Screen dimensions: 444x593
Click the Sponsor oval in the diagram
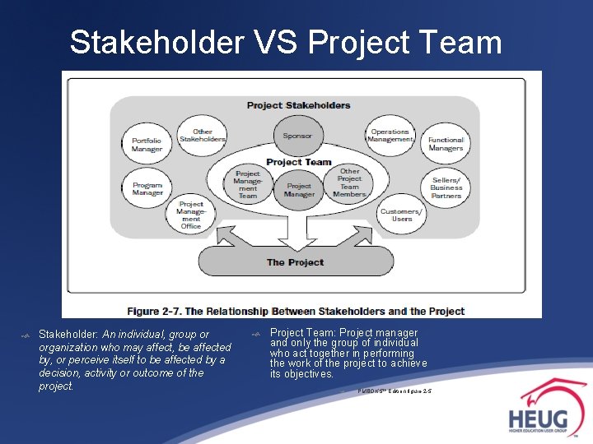pos(298,136)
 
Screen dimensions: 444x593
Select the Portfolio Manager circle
pos(147,144)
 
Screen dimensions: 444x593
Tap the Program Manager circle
pos(147,188)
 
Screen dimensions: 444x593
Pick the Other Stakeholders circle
pos(202,136)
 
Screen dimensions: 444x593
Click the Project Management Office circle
pos(191,215)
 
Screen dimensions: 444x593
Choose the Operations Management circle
pos(390,136)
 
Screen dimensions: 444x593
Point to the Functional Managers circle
pos(446,144)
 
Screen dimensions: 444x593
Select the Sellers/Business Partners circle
pos(446,187)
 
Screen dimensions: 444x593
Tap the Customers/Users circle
pos(401,215)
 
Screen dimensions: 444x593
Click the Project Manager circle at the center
pos(299,190)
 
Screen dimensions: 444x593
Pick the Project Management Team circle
pos(248,185)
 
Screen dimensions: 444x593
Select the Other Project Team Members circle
pos(349,183)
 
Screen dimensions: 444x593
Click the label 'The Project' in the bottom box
pos(295,262)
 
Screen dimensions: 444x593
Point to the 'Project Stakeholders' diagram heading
pos(298,105)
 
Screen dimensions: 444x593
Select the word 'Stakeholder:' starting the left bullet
pos(69,335)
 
